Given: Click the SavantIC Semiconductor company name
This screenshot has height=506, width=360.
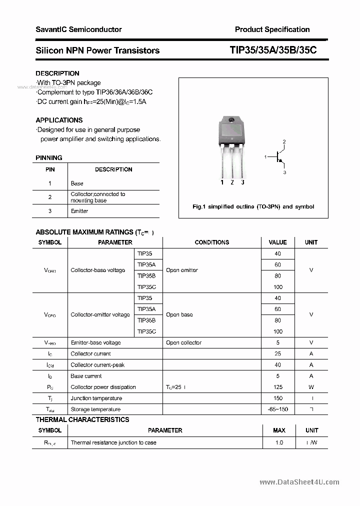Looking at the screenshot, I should tap(78, 29).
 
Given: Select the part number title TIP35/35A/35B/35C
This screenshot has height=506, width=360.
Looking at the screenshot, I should tap(273, 50).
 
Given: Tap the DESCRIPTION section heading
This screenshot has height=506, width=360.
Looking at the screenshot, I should tap(57, 73).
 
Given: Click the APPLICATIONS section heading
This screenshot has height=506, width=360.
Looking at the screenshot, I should tap(59, 120).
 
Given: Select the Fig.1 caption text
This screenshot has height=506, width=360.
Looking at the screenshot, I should tap(253, 206).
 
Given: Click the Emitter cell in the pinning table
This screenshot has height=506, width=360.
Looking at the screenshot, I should tap(79, 211).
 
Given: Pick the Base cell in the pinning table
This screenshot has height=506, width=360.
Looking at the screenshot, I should tap(77, 183).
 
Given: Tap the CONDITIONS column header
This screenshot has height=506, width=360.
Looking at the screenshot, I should tap(211, 242).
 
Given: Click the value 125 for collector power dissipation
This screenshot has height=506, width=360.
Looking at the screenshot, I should tap(277, 387).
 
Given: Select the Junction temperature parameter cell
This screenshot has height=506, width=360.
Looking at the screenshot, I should tap(96, 398).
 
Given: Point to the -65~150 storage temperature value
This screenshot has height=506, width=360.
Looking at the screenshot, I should tap(277, 409).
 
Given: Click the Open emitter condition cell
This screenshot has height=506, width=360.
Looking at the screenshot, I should tap(182, 270).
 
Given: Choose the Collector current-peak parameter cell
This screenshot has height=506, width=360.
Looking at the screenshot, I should tap(97, 365).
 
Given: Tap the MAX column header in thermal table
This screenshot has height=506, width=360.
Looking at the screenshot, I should tap(279, 430).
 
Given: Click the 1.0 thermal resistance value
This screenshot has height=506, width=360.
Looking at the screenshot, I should tap(279, 442).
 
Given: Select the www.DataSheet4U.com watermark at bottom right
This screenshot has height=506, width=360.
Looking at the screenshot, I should tap(299, 482).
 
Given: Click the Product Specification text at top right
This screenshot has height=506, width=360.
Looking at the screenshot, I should tap(272, 29).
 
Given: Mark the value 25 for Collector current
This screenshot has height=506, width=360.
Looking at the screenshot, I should tap(277, 353).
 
